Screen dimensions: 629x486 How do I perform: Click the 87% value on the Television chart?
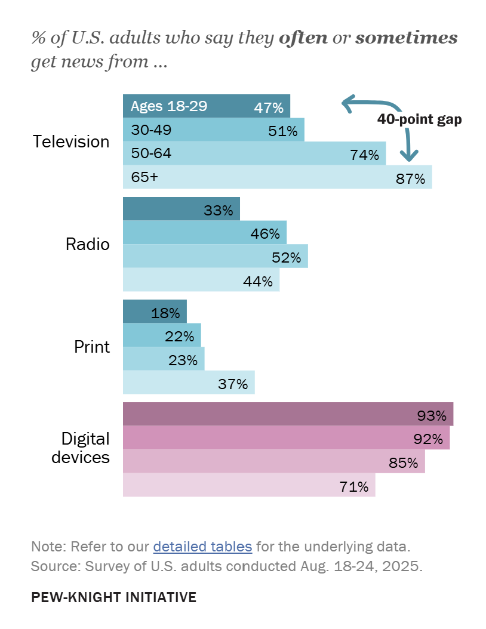pos(410,178)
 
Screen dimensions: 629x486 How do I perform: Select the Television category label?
pos(71,142)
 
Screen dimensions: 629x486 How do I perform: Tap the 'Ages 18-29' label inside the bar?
pos(169,106)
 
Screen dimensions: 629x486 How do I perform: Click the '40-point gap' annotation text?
pos(419,119)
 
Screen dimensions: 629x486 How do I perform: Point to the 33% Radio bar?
pos(181,209)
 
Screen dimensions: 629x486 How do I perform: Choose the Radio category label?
pos(88,245)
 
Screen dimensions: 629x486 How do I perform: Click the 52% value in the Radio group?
pos(286,258)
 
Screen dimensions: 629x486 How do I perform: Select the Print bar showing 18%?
pos(155,312)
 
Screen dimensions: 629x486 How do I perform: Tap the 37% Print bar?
pos(189,383)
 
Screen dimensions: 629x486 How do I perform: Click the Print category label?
pos(92,347)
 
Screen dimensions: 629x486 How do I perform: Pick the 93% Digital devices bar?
pos(288,414)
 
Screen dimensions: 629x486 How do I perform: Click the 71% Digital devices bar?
pos(249,485)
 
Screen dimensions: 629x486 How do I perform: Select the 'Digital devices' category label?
pos(81,448)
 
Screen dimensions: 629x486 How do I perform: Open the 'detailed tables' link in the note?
pos(202,546)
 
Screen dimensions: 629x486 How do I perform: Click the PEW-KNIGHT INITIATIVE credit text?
pos(113,597)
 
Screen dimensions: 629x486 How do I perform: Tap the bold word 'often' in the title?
pos(303,39)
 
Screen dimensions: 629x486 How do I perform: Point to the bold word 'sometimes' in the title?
pos(406,39)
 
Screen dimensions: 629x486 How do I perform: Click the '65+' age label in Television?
pos(144,177)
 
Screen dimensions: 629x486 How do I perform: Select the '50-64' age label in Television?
pos(151,153)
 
